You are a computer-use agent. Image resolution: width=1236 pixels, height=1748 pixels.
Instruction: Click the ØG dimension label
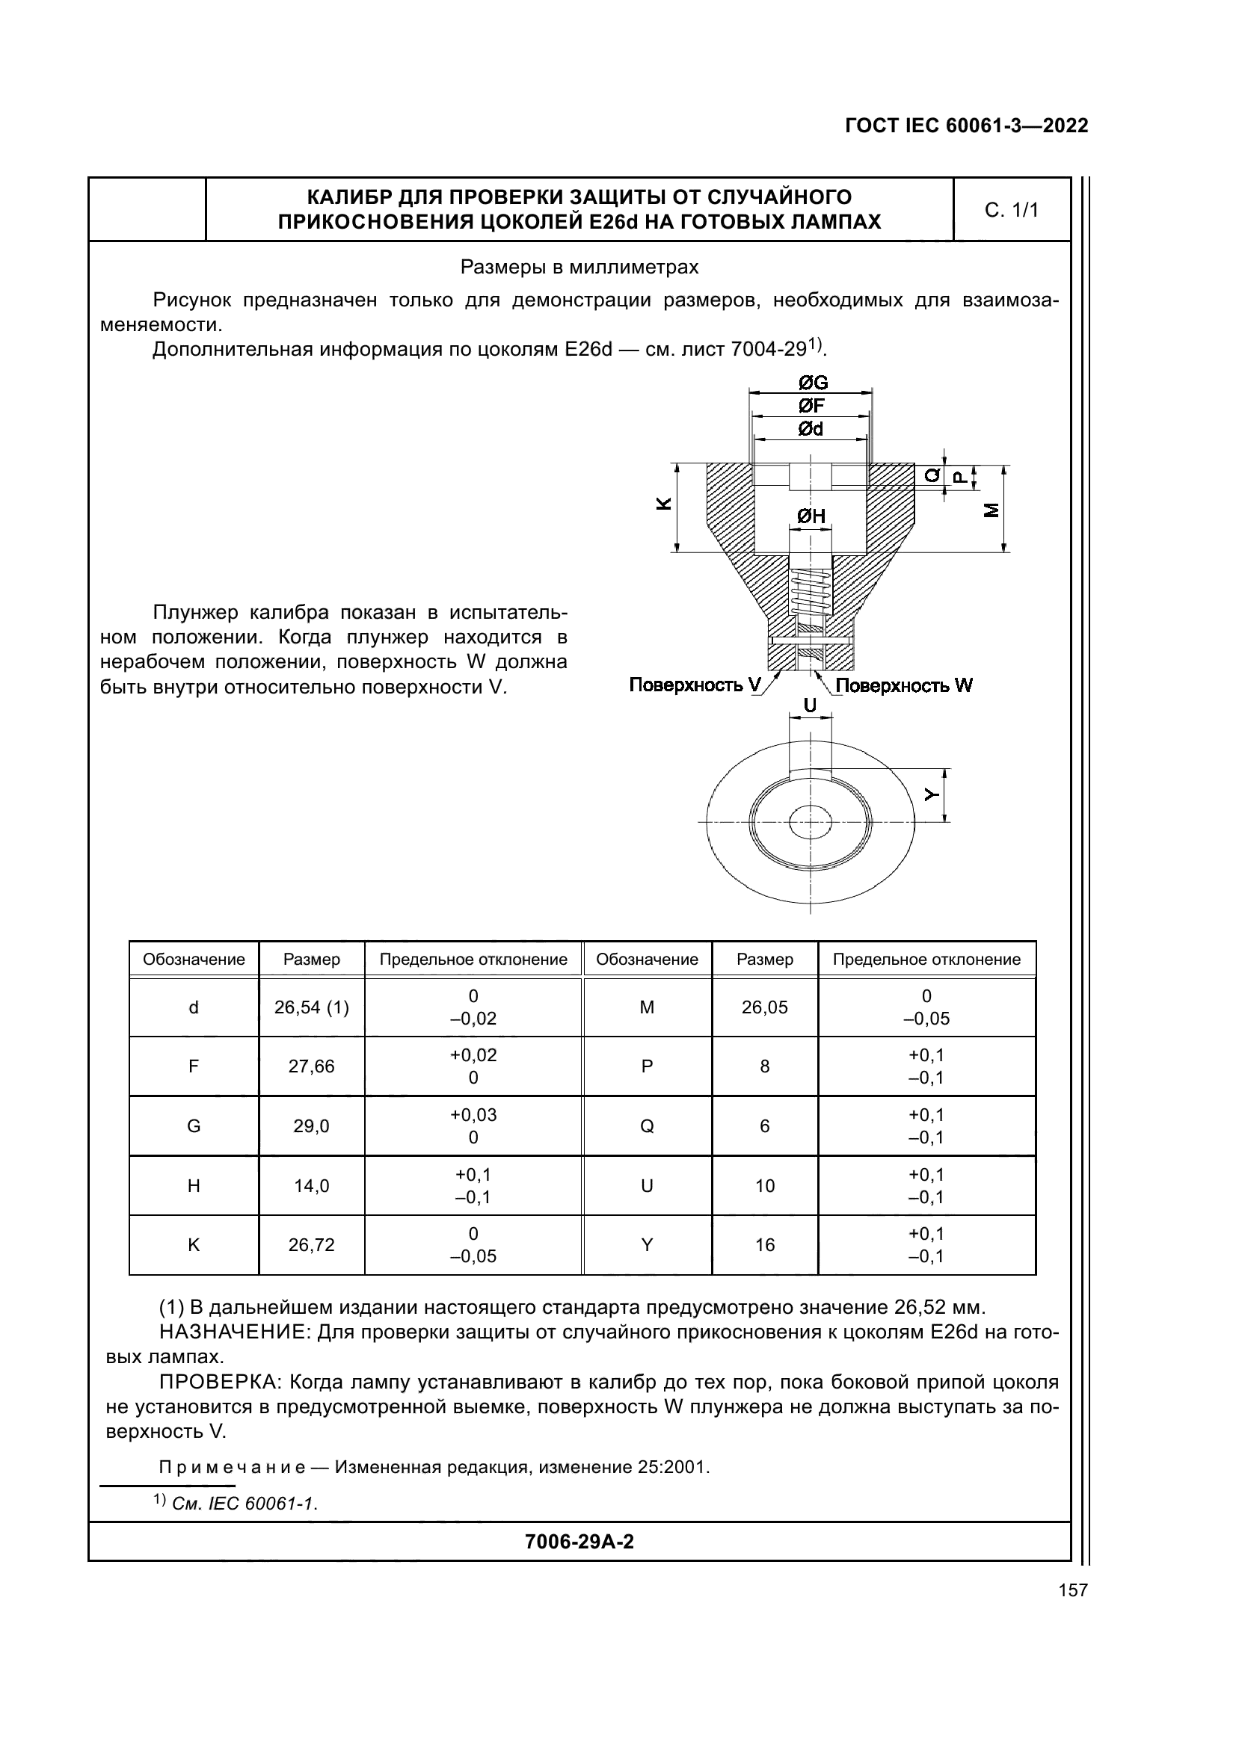(812, 383)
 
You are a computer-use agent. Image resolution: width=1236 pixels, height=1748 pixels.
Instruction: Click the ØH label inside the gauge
(811, 516)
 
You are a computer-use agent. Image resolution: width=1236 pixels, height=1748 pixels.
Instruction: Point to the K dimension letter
(664, 504)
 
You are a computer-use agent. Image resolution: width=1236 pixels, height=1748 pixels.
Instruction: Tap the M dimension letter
(991, 511)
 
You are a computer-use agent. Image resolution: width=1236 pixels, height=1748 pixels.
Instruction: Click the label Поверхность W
(904, 685)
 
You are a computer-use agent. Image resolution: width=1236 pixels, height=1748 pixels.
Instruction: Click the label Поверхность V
(695, 685)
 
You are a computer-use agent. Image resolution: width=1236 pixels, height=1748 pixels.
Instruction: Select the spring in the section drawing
(811, 595)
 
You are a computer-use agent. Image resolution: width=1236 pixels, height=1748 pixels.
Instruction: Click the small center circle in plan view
(811, 821)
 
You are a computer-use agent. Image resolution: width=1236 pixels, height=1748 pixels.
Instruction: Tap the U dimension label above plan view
(811, 705)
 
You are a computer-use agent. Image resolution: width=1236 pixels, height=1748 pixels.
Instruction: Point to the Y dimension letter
(931, 794)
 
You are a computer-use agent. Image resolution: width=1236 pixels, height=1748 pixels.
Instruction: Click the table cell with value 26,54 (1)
(312, 1007)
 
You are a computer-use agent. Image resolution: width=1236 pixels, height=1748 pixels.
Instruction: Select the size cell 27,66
(312, 1066)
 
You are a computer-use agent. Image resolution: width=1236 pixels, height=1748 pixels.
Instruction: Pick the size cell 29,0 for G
(312, 1126)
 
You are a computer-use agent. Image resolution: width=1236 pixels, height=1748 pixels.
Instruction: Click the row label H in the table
(194, 1185)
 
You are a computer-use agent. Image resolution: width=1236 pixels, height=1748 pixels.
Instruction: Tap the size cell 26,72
(312, 1245)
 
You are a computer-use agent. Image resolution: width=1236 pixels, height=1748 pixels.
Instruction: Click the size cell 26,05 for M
(765, 1007)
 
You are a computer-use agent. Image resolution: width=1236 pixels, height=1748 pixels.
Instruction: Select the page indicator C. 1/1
(1012, 210)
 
